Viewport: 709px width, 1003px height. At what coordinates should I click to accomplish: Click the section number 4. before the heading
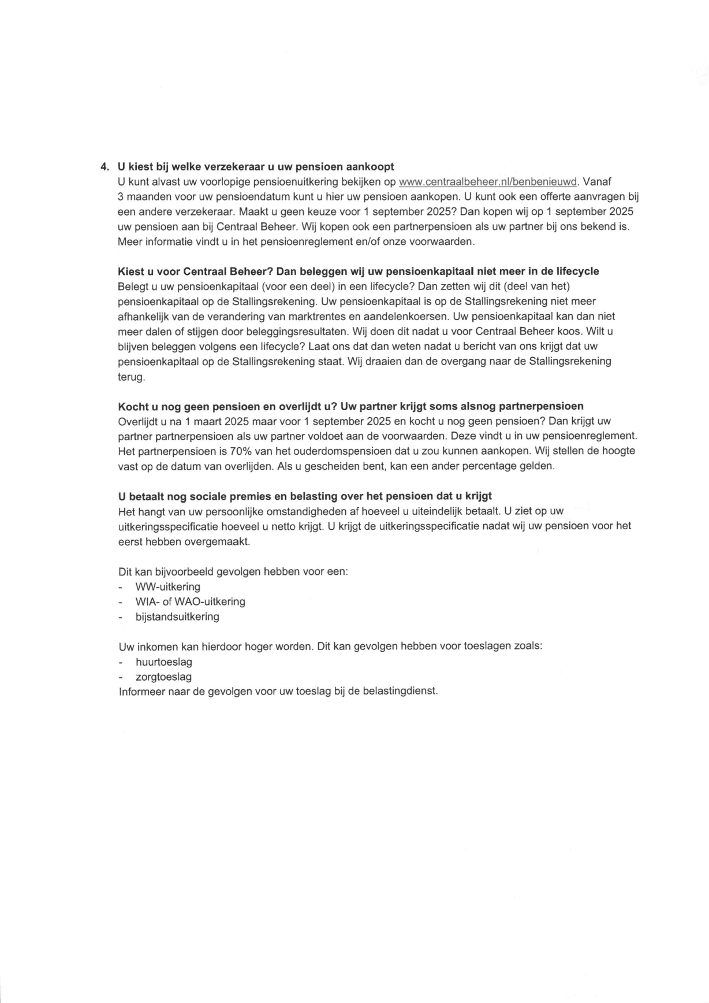click(x=104, y=167)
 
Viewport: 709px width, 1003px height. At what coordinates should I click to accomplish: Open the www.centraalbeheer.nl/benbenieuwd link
click(x=488, y=182)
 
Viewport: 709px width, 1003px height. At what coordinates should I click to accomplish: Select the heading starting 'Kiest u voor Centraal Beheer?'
click(x=358, y=272)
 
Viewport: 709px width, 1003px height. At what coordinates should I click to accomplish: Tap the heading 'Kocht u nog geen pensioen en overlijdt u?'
click(x=350, y=406)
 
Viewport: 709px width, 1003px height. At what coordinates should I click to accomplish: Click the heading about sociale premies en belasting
click(x=305, y=496)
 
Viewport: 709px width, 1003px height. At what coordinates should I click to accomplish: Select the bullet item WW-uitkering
click(x=167, y=587)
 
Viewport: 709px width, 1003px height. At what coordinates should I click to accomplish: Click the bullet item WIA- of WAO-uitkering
click(x=190, y=602)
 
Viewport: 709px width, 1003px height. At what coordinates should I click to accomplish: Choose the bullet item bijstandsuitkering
click(x=177, y=617)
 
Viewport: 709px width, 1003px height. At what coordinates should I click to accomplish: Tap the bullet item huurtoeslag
click(x=164, y=662)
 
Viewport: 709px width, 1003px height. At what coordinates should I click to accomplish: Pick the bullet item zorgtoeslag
click(x=163, y=677)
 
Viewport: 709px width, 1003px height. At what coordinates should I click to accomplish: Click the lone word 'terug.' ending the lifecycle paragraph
click(x=132, y=377)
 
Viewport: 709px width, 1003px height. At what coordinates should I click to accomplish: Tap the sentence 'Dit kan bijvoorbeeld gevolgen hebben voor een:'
click(x=233, y=572)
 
